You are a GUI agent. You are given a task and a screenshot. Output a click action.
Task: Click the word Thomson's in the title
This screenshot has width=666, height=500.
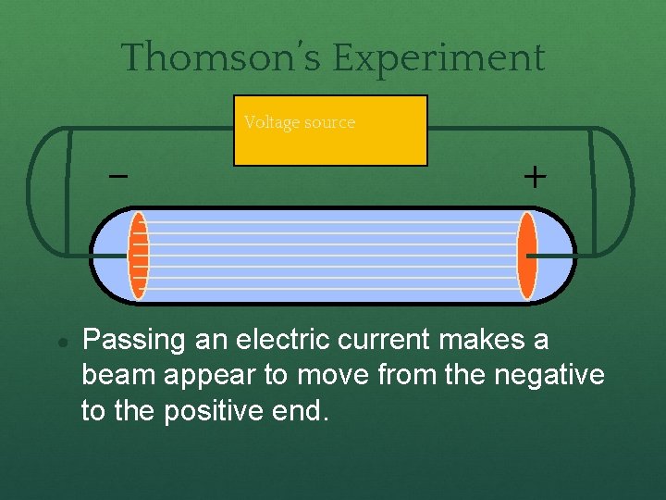click(223, 57)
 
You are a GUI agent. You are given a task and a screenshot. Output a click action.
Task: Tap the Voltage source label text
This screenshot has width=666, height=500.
click(299, 122)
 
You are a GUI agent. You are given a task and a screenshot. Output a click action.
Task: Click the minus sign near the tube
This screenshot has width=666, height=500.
click(118, 175)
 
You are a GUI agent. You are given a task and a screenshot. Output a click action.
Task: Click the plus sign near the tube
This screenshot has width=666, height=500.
click(534, 177)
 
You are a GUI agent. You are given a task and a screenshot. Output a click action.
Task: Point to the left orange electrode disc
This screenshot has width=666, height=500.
click(139, 256)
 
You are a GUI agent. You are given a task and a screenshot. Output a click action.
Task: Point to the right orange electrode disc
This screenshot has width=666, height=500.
click(526, 256)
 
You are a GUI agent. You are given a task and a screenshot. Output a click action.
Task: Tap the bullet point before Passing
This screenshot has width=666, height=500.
click(60, 342)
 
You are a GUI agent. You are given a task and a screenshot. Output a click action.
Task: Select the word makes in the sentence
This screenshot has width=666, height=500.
click(478, 341)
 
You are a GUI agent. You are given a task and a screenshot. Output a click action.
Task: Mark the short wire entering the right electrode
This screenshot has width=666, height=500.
click(551, 255)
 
